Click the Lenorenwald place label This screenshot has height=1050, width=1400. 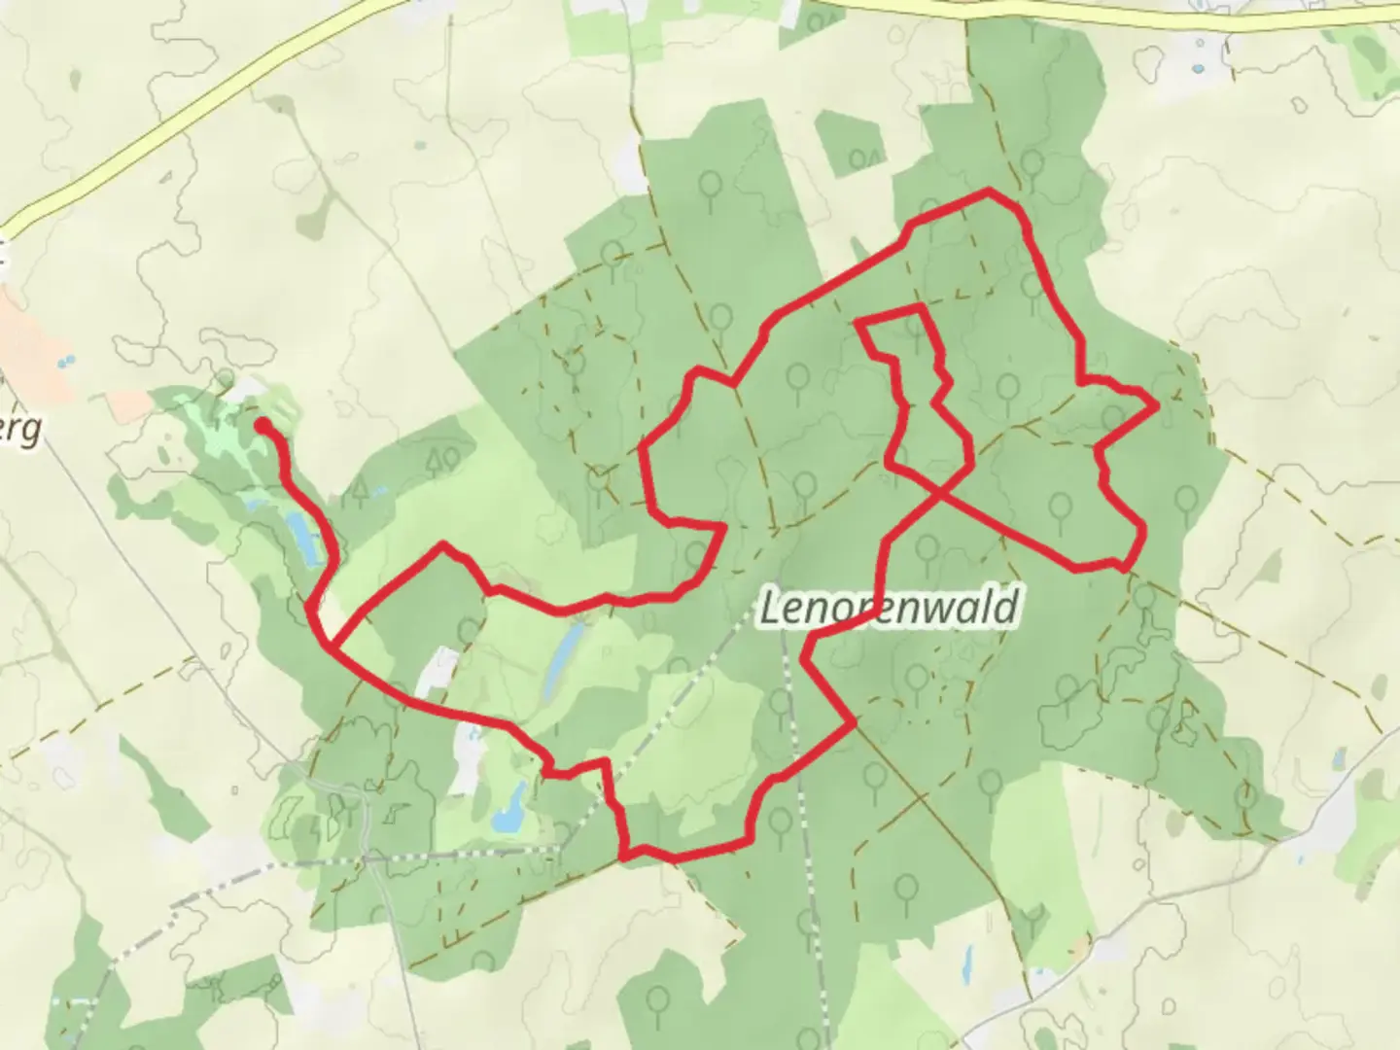tap(889, 609)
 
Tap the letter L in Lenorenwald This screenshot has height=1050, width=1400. tap(770, 609)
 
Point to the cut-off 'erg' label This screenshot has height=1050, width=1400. tap(21, 429)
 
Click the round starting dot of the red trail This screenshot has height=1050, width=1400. tap(262, 425)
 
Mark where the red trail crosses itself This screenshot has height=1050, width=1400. tap(941, 495)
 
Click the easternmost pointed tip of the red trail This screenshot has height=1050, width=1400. tap(1156, 406)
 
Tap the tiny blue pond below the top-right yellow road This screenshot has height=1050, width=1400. tap(1199, 70)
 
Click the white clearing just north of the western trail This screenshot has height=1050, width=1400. tap(438, 671)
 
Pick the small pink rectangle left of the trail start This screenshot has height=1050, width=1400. tap(125, 404)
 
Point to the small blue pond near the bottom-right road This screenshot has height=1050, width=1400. tap(1340, 757)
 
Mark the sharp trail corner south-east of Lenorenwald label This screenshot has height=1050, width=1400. tap(854, 722)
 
